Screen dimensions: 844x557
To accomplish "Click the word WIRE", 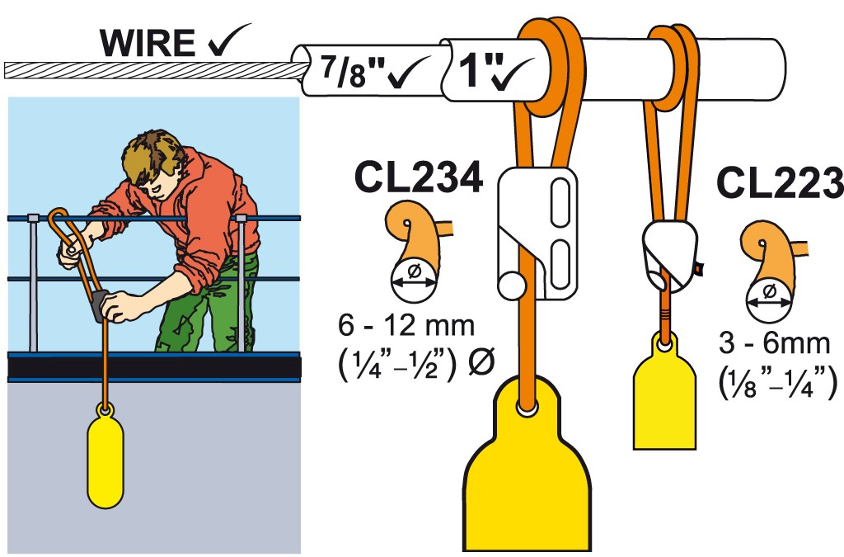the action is coord(148,43).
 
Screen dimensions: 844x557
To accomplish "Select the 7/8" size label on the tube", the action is coord(345,71).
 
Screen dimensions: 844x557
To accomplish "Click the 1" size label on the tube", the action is coord(470,70).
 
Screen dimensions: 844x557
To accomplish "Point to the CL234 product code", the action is coord(418,177).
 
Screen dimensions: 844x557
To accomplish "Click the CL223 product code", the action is coord(781,182).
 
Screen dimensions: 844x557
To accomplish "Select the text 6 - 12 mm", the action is coord(406,325).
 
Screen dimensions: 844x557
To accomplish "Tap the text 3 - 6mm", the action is coord(774,343).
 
